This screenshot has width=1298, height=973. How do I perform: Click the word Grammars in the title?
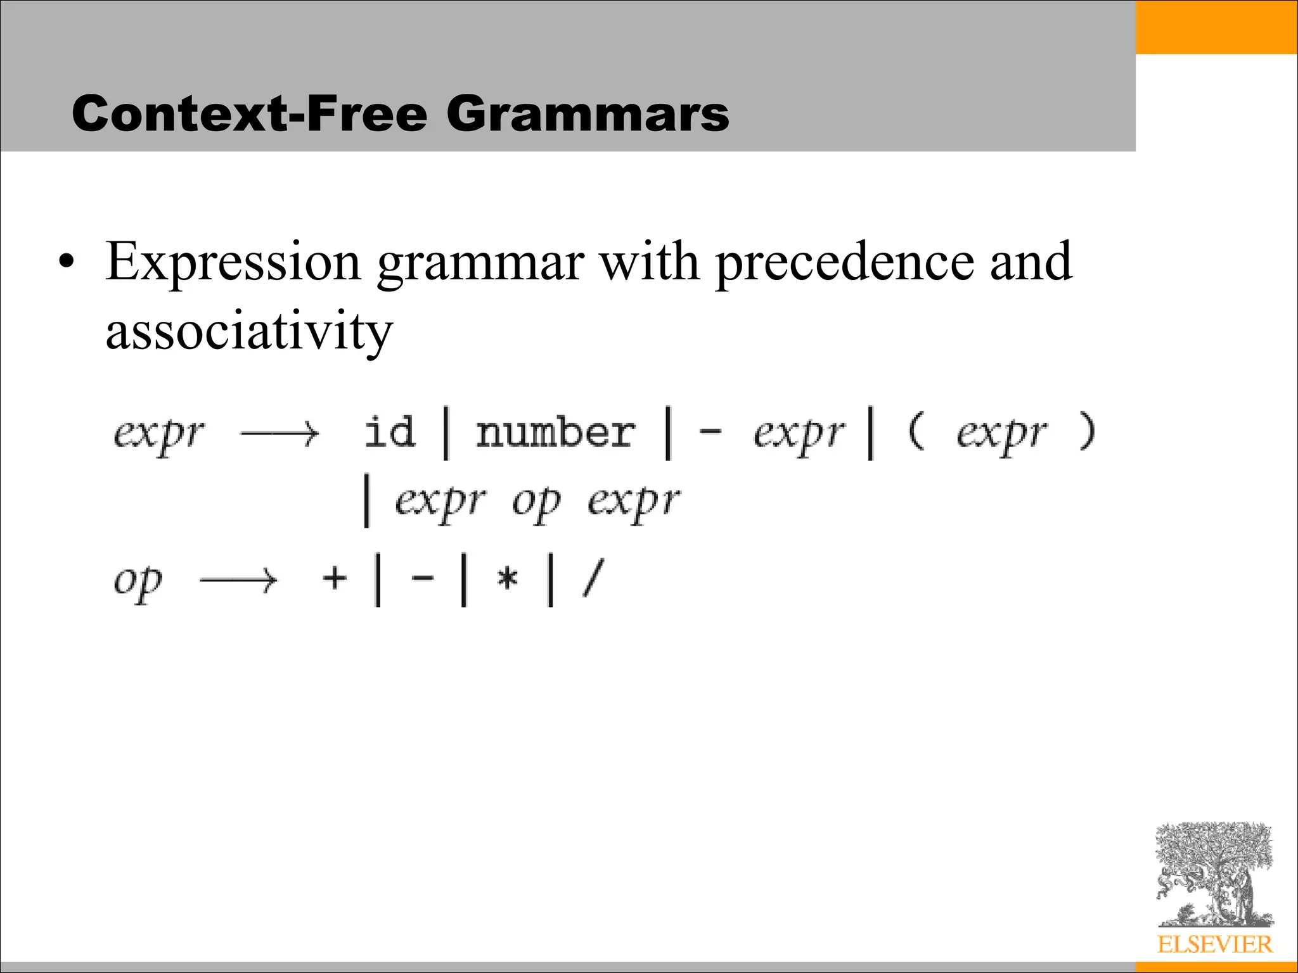click(x=588, y=114)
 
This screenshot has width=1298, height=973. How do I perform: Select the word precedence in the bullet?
click(x=844, y=262)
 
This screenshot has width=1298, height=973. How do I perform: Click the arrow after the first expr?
click(x=280, y=434)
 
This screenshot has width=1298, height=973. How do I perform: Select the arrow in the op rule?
click(x=238, y=580)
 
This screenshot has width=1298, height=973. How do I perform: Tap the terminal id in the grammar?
click(x=390, y=433)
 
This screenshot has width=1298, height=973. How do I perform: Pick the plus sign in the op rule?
click(x=335, y=578)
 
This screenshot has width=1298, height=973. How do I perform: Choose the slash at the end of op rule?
click(x=593, y=578)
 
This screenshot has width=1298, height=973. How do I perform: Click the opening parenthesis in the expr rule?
click(x=916, y=431)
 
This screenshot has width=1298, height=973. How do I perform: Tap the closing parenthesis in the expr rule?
click(x=1086, y=431)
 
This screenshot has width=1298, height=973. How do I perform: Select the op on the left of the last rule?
click(x=138, y=582)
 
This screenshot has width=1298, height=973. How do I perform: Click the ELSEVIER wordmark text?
click(x=1214, y=944)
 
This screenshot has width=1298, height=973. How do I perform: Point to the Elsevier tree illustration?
click(x=1213, y=874)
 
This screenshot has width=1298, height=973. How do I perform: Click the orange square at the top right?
click(x=1216, y=27)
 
